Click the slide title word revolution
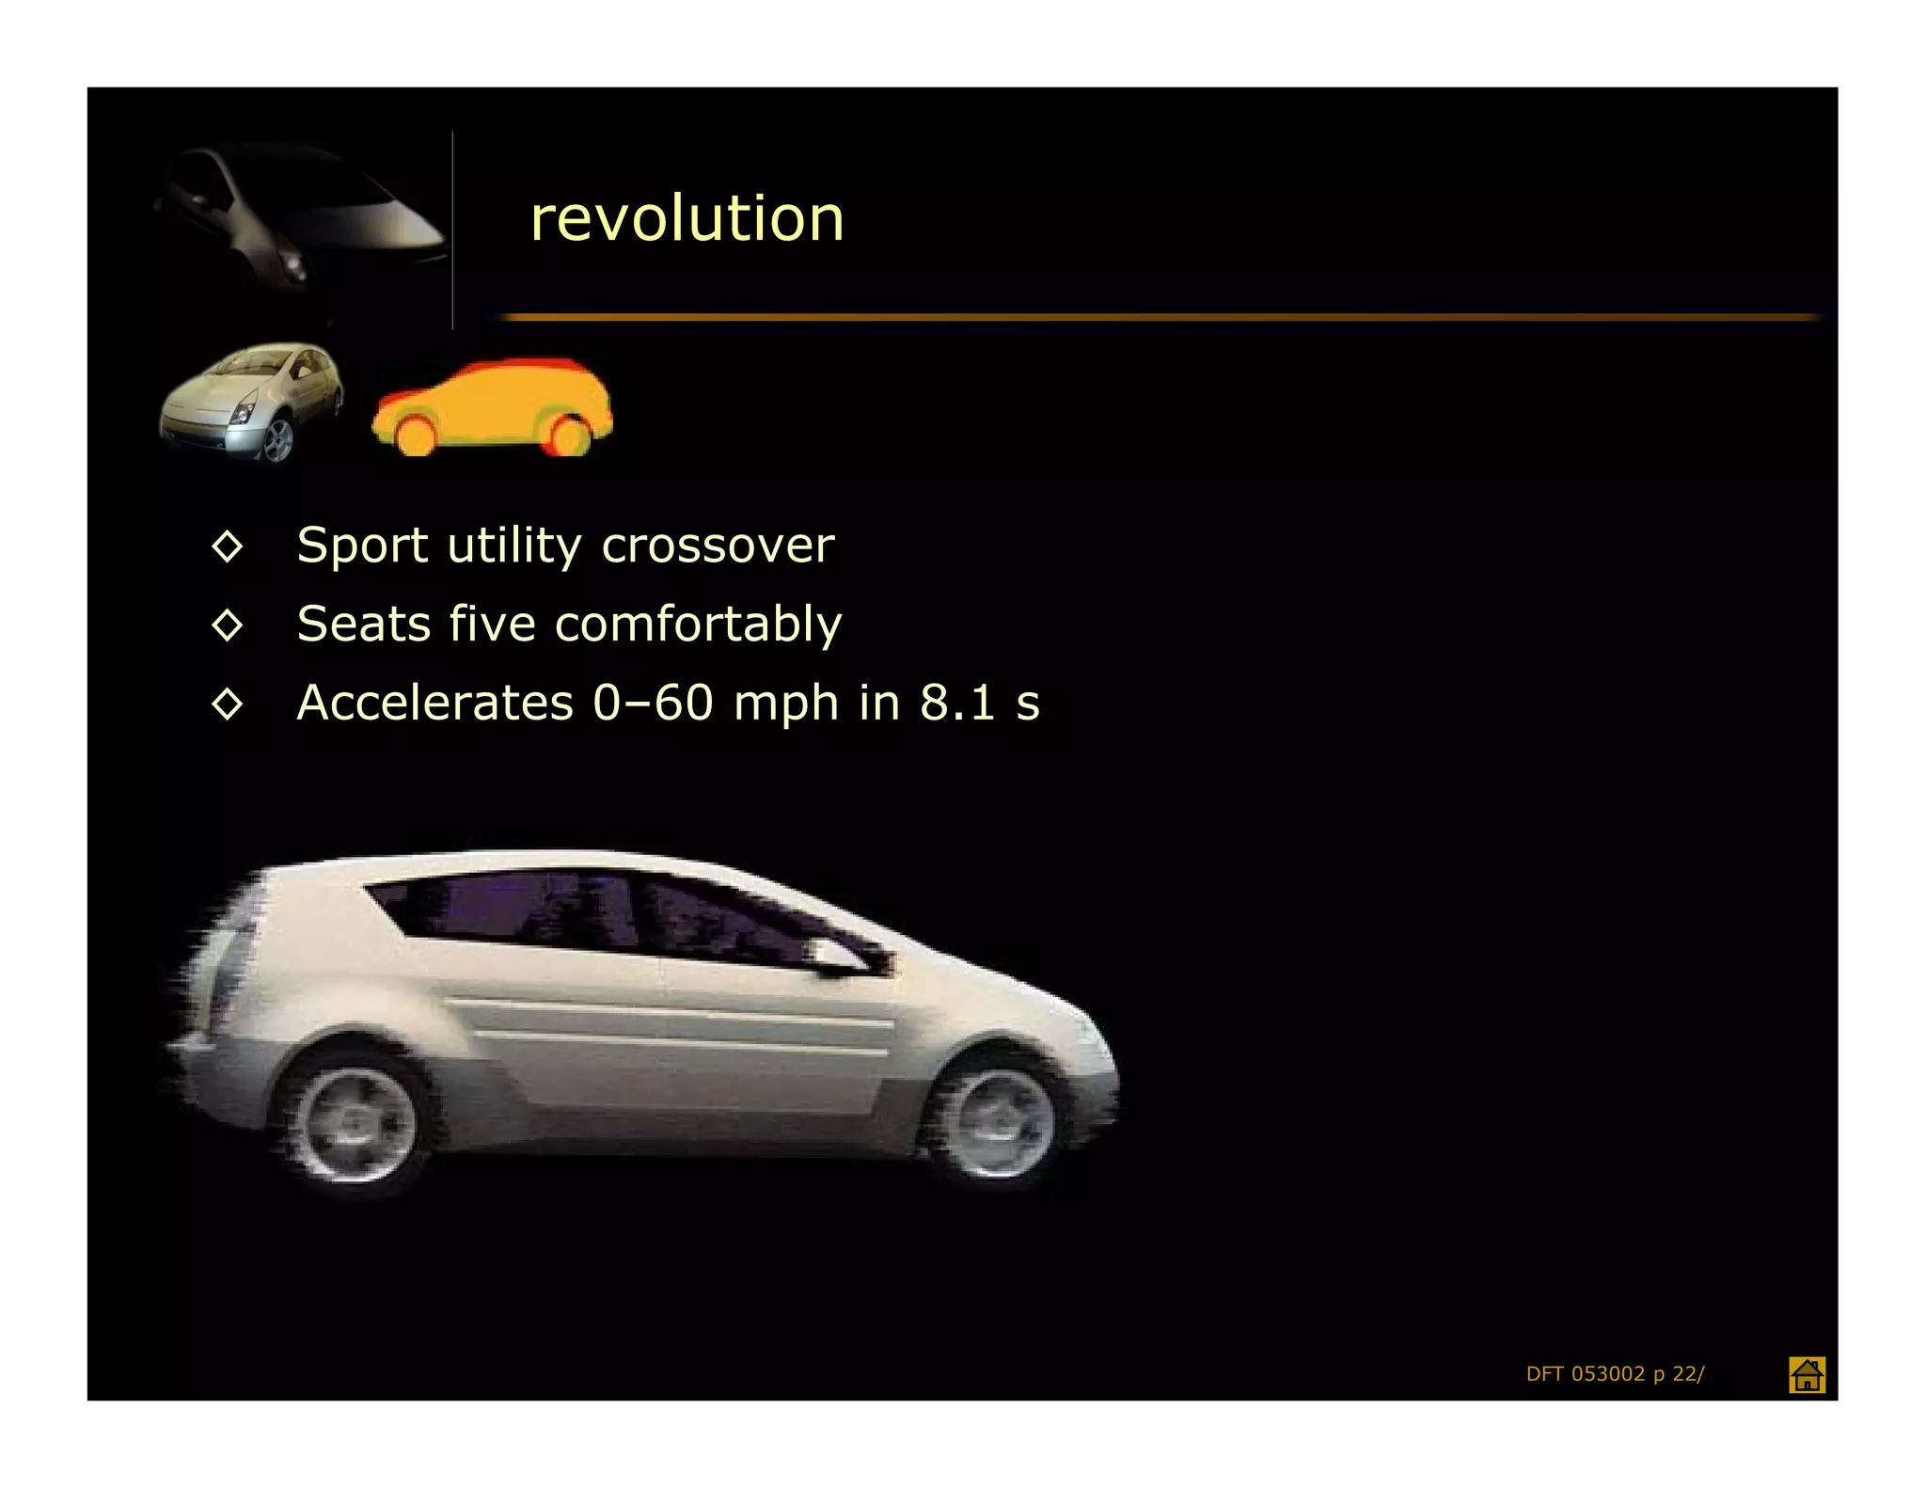pos(687,219)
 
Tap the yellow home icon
pos(1806,1374)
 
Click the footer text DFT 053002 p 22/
pos(1615,1374)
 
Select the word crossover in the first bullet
pos(718,546)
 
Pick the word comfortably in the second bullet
pos(699,625)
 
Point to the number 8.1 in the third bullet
pos(956,704)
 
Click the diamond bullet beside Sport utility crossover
pos(228,546)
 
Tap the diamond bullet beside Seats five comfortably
pos(228,625)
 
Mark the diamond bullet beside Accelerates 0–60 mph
pos(228,704)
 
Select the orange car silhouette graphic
pos(492,407)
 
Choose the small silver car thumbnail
pos(251,403)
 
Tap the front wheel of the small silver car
pos(277,439)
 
